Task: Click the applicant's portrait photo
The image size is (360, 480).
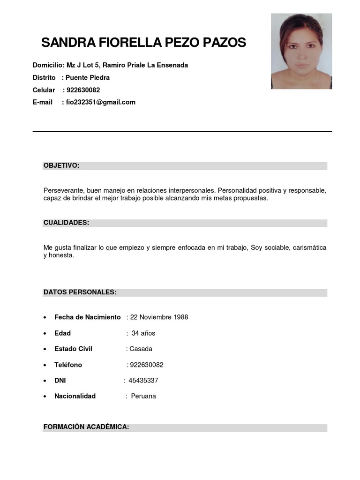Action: pos(301,51)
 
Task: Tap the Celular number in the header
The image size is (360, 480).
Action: pos(83,90)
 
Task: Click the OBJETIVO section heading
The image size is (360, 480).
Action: pos(61,165)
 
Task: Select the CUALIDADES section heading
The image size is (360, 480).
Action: pos(66,223)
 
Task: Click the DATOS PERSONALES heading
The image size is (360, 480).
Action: pos(80,292)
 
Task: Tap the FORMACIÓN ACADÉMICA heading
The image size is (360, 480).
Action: pos(86,427)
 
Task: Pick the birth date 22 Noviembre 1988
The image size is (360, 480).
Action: pos(159,317)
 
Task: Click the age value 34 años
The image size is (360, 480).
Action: pos(143,333)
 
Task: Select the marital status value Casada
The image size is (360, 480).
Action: pos(141,349)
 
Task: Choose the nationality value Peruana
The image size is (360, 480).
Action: pos(143,396)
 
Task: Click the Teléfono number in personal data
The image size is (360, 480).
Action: pos(146,365)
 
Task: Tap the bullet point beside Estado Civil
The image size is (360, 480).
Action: pos(45,349)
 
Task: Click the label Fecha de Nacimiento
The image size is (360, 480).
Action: pos(87,317)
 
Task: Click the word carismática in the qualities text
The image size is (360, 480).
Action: pos(309,247)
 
